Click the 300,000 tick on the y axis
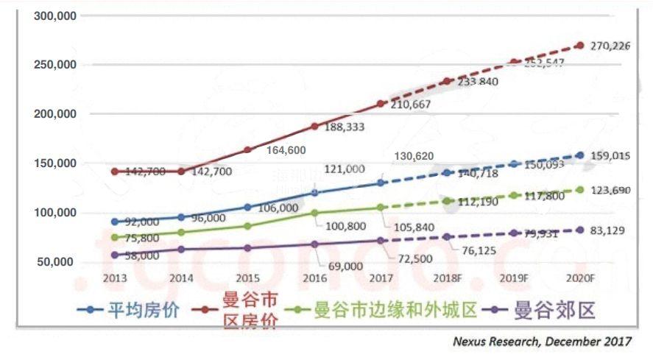click(x=56, y=15)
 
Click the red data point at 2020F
click(x=580, y=46)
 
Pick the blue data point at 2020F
click(x=580, y=155)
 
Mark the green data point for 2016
click(x=314, y=213)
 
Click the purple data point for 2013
click(x=115, y=255)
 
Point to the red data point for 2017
click(x=381, y=104)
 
